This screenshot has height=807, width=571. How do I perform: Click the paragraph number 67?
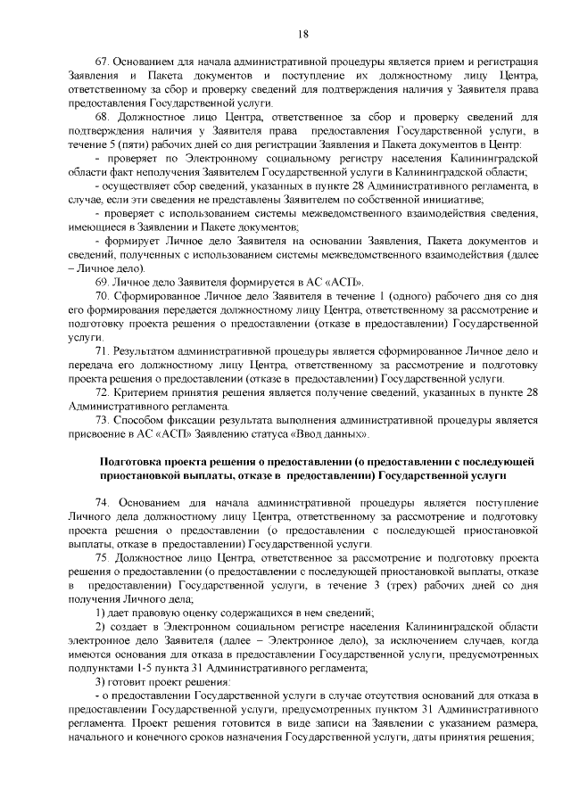pos(101,61)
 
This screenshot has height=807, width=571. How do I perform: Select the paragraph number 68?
pos(101,116)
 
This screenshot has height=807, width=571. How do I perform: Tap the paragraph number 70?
pos(101,292)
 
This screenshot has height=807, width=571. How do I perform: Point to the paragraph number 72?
pos(101,391)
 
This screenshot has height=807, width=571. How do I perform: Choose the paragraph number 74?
pos(101,503)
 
